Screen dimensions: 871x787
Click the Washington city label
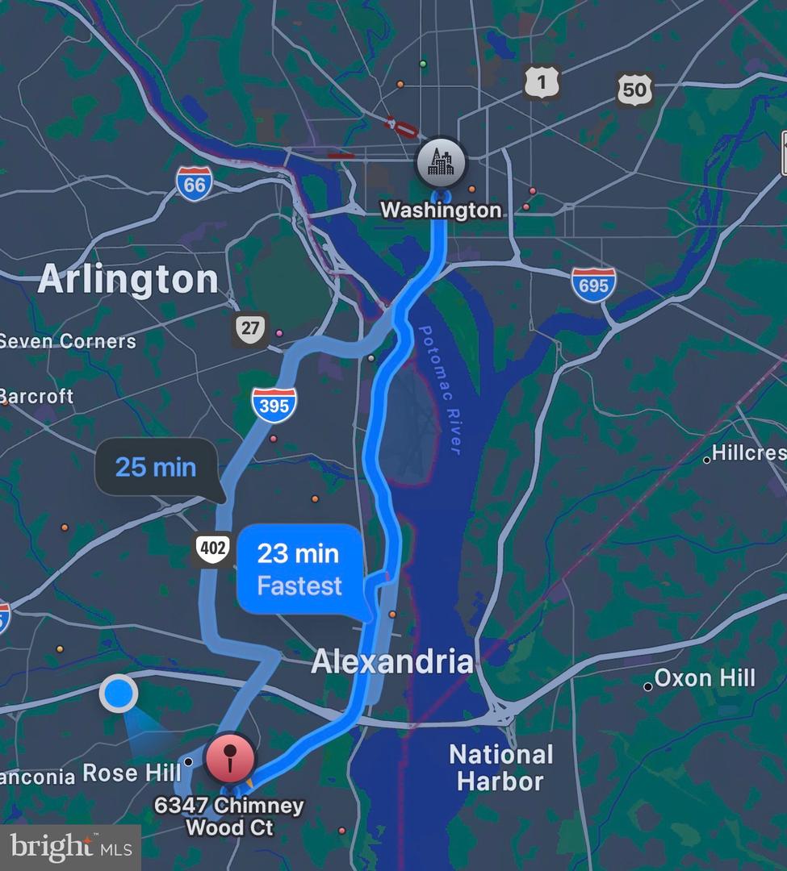(x=441, y=210)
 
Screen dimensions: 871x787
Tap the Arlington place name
(x=128, y=280)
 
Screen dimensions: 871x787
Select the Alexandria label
(x=392, y=661)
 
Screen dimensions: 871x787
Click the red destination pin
(x=230, y=758)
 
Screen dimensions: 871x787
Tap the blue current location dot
(x=119, y=693)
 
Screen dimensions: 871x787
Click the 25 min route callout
(x=156, y=467)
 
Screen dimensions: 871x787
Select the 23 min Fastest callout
(x=299, y=569)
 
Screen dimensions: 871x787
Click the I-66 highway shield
(x=195, y=184)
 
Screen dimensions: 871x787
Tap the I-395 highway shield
(x=274, y=405)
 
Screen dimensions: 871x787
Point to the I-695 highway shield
(x=593, y=285)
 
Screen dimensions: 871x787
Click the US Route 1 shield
(x=541, y=81)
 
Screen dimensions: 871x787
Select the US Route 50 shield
(x=634, y=89)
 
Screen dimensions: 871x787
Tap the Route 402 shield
(x=213, y=548)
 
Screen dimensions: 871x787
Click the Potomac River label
(x=441, y=391)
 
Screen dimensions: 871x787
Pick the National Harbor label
(x=501, y=767)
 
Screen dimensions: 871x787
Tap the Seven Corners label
(x=68, y=341)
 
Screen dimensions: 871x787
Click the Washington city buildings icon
(x=441, y=162)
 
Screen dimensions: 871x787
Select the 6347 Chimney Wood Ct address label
(x=230, y=816)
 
